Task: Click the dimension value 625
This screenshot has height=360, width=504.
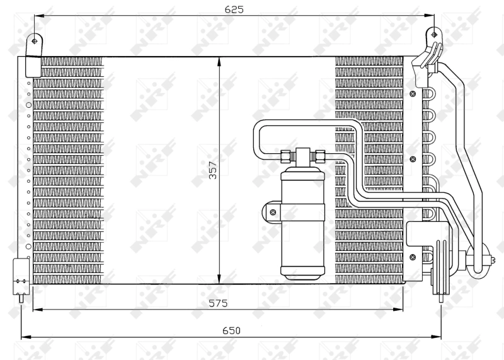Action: (234, 9)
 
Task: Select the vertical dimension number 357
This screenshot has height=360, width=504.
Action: (213, 170)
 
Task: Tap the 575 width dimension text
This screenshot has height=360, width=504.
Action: (218, 303)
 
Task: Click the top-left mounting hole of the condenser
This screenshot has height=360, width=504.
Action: (34, 41)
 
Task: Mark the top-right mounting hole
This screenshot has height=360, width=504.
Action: (433, 33)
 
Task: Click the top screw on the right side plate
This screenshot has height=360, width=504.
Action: (413, 94)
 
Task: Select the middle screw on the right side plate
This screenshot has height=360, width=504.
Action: (413, 160)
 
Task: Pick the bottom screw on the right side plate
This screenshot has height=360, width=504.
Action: (413, 256)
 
